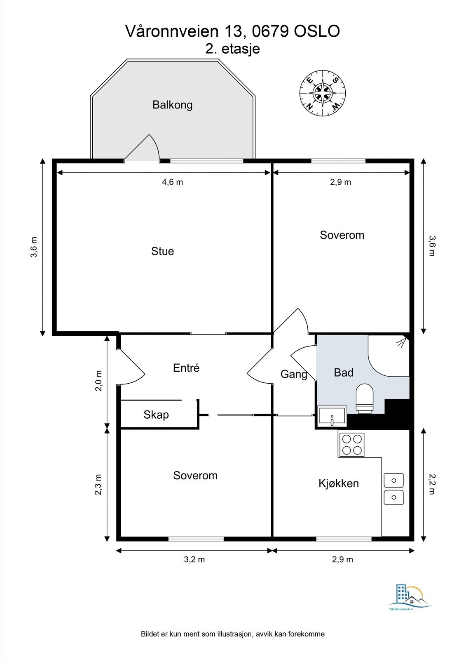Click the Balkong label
pos(173,105)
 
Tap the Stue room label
pos(162,251)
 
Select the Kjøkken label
pos(339,483)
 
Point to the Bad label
pos(344,373)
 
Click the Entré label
pos(186,368)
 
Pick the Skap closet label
pos(156,415)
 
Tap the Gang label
pos(294,375)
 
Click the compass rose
pos(323,93)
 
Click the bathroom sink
pos(332,416)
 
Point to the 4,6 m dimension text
pos(173,182)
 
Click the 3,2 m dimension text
pos(194,559)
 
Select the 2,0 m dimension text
pos(98,381)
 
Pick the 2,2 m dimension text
pos(432,484)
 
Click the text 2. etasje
pos(232,49)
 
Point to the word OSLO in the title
pos(317,31)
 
